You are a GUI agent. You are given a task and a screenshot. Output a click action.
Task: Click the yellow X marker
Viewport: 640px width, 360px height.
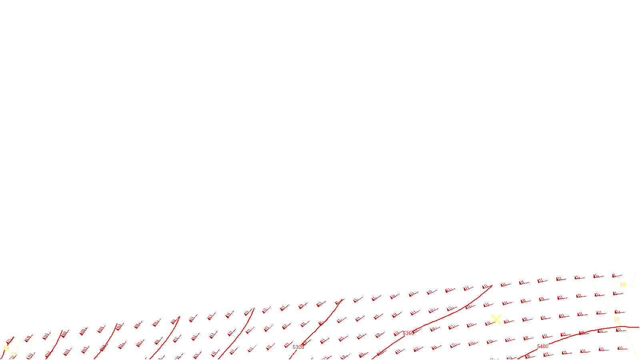click(x=496, y=319)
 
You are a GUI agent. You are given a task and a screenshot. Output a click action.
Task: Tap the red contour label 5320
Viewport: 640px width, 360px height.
click(x=298, y=347)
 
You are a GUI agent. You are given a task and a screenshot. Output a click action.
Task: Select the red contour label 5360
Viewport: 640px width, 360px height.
click(x=408, y=333)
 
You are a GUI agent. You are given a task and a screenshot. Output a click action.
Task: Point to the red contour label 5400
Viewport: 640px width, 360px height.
click(x=542, y=346)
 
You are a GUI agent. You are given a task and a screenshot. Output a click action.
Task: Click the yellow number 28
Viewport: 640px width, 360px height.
click(x=6, y=348)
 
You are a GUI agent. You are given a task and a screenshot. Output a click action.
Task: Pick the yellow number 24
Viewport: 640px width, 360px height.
click(x=14, y=354)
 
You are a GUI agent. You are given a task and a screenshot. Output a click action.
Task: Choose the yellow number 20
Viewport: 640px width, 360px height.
click(x=622, y=285)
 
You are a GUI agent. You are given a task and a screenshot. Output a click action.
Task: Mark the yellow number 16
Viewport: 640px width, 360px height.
click(x=616, y=319)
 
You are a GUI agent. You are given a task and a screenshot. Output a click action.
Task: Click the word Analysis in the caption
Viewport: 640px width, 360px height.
click(x=341, y=354)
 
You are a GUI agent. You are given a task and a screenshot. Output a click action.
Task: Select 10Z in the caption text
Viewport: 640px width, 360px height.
click(x=295, y=354)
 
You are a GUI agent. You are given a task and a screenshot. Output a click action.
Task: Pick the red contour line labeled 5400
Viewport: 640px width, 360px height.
click(x=580, y=332)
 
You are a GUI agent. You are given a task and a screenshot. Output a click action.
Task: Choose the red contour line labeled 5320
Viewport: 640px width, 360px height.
click(x=320, y=324)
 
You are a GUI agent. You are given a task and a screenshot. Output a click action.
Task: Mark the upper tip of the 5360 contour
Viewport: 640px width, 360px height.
click(x=492, y=286)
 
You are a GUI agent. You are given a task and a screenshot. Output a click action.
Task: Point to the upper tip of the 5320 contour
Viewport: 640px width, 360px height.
click(x=343, y=299)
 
